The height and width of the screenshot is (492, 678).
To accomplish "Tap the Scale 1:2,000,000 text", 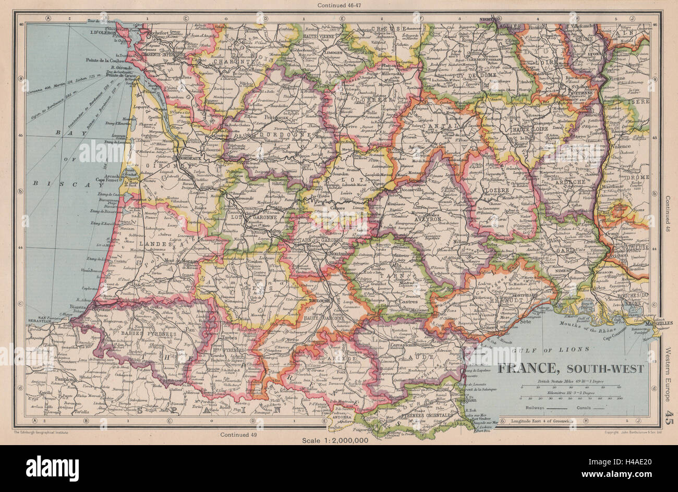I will point(335,440).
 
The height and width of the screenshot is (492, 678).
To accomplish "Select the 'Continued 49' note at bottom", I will point(238,434).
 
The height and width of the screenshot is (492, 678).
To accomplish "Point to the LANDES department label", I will point(159,244).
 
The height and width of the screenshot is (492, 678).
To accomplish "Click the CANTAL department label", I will point(441,127).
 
